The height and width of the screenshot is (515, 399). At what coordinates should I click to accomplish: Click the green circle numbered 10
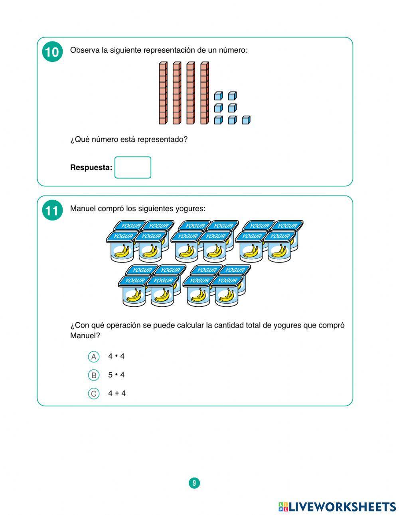coord(52,52)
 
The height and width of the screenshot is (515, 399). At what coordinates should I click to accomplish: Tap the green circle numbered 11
coord(52,211)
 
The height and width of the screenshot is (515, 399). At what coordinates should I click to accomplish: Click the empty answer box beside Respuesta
coord(133,168)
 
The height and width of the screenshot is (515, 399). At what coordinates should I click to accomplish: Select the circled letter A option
coord(94,357)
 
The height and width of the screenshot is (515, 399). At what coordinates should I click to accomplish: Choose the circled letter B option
coord(94,375)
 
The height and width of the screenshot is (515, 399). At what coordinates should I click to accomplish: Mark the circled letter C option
coord(94,394)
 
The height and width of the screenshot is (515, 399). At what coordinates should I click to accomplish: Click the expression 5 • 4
coord(116,375)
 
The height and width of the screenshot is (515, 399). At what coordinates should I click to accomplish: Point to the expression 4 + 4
coord(117,393)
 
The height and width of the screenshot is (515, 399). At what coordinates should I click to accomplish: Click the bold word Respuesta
coord(91,168)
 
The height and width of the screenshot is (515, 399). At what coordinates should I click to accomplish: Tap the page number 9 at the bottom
coord(194,483)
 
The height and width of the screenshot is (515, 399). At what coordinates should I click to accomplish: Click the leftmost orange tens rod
coord(163,93)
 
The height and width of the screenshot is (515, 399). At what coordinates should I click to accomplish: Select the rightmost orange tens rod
coord(204,93)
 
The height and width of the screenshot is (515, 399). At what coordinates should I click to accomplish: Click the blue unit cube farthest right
coord(246,120)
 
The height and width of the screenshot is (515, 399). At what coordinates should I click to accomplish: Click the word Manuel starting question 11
coord(83,209)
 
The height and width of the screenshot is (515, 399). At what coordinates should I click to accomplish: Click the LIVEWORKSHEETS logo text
coord(342,507)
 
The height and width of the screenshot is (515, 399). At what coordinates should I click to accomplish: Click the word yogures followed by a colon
coord(190,209)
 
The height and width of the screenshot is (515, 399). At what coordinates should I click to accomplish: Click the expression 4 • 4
coord(116,356)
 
